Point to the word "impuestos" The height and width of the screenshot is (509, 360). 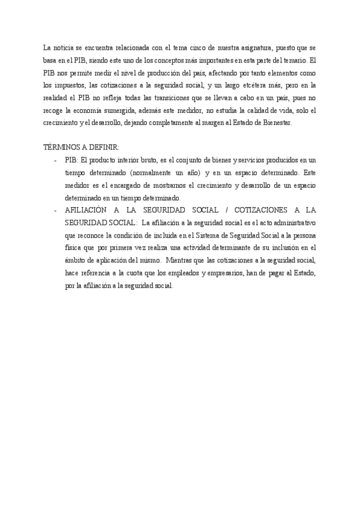[x=69, y=85]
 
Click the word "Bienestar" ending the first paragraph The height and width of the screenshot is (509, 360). [x=275, y=123]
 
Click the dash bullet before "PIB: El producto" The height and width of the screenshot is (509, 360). [x=55, y=160]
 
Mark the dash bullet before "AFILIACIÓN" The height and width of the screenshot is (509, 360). [x=55, y=211]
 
